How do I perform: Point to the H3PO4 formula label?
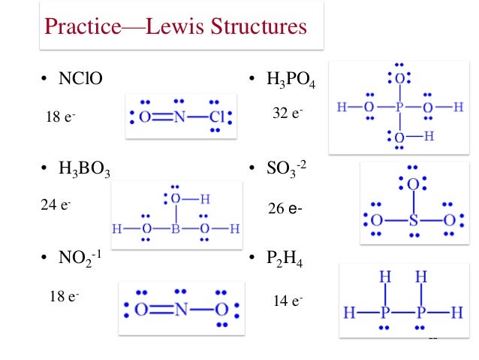[291, 79]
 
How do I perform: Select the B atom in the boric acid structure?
[174, 228]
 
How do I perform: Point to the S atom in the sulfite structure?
[411, 221]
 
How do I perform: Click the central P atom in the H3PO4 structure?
[402, 107]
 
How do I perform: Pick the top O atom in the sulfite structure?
[411, 184]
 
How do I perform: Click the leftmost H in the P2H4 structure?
[350, 310]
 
